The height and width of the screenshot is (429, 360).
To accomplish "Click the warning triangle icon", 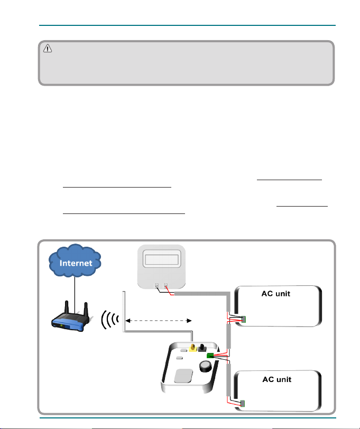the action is [48, 49].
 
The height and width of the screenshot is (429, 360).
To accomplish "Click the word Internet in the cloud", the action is [76, 263].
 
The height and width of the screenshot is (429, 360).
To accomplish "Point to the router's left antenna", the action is [66, 307].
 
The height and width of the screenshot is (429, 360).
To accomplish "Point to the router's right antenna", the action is [86, 309].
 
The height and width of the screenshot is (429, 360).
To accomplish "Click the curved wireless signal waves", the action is [109, 319].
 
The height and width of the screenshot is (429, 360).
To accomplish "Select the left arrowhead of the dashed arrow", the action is [128, 321].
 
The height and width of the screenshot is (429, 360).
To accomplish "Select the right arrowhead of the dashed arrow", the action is [189, 321].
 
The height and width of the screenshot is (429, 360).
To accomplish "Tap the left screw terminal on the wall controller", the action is [157, 286].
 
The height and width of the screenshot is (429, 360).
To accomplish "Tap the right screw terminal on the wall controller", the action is [165, 286].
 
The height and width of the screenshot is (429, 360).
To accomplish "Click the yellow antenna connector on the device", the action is [193, 348].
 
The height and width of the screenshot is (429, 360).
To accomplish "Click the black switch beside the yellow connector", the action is [202, 348].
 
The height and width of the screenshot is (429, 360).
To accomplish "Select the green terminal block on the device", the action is [210, 356].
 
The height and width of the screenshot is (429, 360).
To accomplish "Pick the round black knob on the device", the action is [205, 366].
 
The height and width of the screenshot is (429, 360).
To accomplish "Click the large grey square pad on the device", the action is [183, 376].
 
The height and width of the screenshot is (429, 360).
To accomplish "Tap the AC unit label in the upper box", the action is [275, 294].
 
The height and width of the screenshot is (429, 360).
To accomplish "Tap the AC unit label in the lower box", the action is [277, 380].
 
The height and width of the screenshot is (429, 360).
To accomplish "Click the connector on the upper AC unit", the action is [243, 319].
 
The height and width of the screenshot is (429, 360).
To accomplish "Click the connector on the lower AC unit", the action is [242, 404].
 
